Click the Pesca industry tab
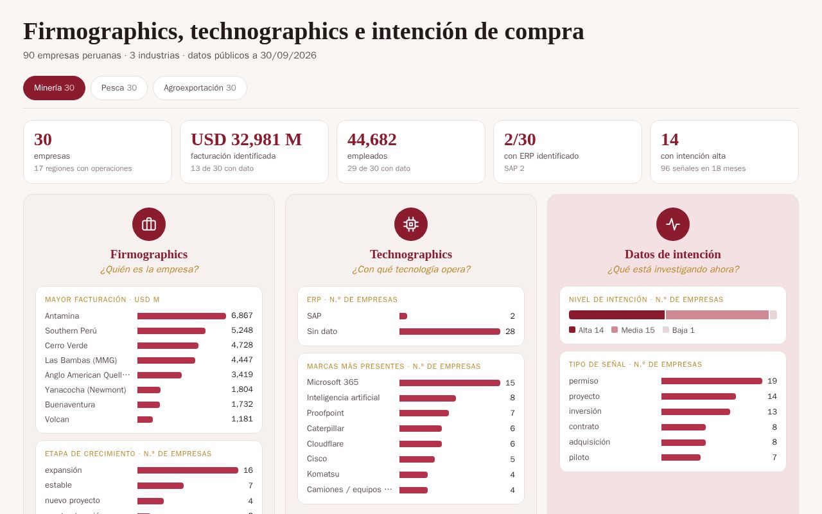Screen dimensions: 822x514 119,88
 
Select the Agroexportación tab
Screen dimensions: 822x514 200,88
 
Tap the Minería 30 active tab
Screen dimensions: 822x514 55,88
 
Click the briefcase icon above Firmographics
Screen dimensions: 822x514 149,224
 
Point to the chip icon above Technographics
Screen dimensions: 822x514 411,224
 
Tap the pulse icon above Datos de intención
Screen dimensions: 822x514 673,224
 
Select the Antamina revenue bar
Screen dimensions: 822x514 182,316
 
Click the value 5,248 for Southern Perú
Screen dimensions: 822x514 242,330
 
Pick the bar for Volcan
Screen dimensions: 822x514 145,420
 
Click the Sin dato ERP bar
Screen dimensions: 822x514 450,332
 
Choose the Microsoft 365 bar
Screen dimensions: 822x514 450,383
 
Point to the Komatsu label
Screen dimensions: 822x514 323,474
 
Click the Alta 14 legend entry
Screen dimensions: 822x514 586,330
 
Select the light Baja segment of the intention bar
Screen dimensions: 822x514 773,315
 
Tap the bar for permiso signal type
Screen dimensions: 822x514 712,381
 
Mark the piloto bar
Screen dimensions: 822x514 681,457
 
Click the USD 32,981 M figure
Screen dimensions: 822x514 246,139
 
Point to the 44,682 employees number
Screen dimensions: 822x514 372,139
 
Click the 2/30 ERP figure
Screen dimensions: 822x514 520,139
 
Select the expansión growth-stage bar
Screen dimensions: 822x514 188,470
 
